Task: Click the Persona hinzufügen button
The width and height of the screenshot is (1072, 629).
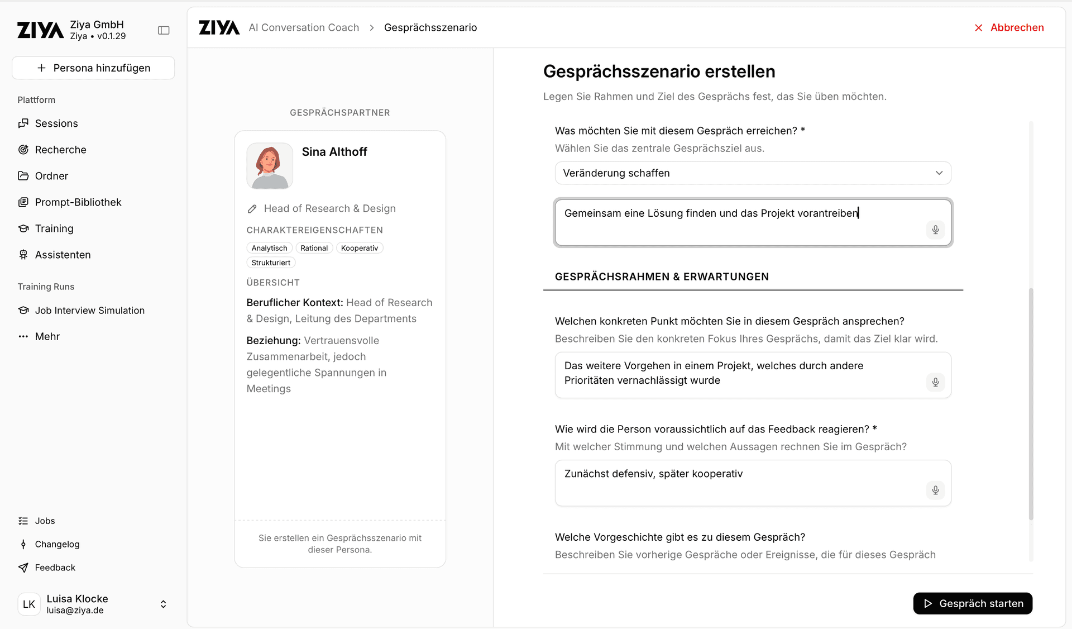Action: pyautogui.click(x=93, y=68)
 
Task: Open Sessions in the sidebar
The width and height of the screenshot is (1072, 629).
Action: pyautogui.click(x=56, y=123)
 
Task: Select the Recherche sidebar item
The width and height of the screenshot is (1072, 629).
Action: pyautogui.click(x=60, y=150)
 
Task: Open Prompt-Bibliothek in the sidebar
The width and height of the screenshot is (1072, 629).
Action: pyautogui.click(x=78, y=202)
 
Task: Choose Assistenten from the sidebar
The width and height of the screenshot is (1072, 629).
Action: pyautogui.click(x=63, y=255)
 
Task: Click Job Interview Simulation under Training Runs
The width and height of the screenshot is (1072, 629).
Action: pyautogui.click(x=89, y=311)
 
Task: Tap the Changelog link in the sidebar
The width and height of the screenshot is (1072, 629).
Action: pyautogui.click(x=57, y=544)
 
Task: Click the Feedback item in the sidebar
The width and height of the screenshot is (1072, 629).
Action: pyautogui.click(x=55, y=568)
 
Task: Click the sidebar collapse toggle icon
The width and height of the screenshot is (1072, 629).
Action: pyautogui.click(x=164, y=30)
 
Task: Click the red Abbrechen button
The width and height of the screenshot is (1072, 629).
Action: pyautogui.click(x=1009, y=28)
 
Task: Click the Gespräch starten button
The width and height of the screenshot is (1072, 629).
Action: pyautogui.click(x=973, y=603)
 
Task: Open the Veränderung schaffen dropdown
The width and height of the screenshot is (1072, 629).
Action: pyautogui.click(x=753, y=173)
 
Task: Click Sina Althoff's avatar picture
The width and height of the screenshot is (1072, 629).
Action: pyautogui.click(x=270, y=166)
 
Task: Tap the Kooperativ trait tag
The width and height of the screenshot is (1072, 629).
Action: pyautogui.click(x=360, y=248)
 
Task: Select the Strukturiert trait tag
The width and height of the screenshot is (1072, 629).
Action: pyautogui.click(x=271, y=263)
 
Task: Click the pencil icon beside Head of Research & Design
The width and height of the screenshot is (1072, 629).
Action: pyautogui.click(x=252, y=209)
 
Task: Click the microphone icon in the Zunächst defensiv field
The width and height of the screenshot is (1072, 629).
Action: pyautogui.click(x=936, y=490)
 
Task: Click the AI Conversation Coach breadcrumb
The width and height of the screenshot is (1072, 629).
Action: pyautogui.click(x=304, y=28)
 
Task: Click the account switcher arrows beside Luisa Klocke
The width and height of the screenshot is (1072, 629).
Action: pyautogui.click(x=164, y=604)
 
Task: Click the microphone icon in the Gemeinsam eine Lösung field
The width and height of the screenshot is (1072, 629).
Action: pyautogui.click(x=936, y=230)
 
